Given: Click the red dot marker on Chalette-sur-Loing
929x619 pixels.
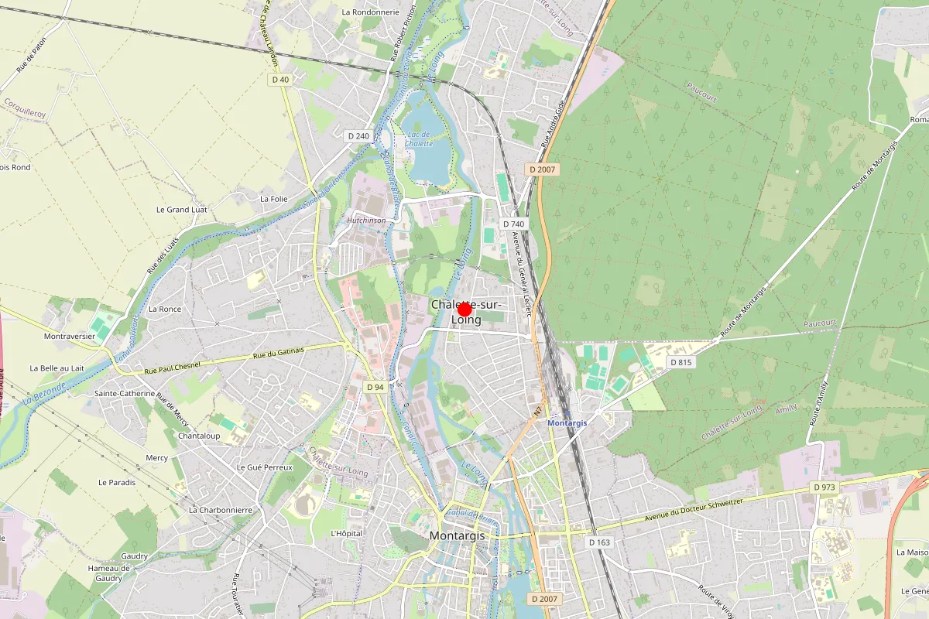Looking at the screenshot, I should click(464, 309).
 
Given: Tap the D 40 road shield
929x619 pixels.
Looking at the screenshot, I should click(280, 80).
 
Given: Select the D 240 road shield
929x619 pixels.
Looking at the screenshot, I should click(358, 135).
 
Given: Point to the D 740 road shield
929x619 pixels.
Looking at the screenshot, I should click(513, 224).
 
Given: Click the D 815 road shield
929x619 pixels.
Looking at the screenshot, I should click(681, 362).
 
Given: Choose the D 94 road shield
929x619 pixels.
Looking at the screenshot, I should click(375, 387).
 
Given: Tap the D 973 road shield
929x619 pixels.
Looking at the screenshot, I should click(824, 487).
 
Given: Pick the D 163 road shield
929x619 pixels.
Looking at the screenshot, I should click(599, 542).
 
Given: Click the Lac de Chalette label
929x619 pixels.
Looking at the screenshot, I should click(419, 139).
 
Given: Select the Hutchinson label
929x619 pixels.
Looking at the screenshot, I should click(366, 220).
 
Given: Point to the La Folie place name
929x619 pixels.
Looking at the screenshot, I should click(274, 199).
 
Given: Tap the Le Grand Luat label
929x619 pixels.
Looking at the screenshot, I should click(182, 210).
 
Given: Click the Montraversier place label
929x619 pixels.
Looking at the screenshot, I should click(70, 337).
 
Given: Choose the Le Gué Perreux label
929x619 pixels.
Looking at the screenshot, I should click(265, 468).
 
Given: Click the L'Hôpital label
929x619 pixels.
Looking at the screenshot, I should click(346, 533).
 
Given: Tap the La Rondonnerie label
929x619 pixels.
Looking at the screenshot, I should click(370, 12).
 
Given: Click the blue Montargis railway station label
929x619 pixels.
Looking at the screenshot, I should click(567, 422).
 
